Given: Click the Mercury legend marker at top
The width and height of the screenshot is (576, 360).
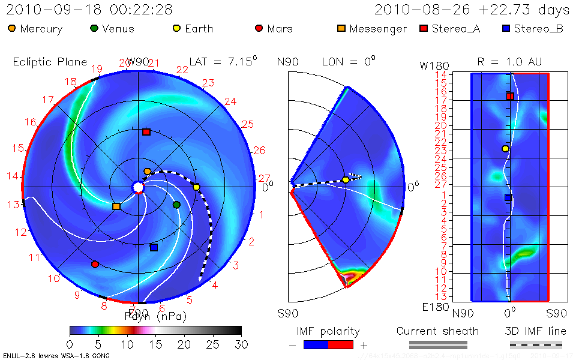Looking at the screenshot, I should [12, 28].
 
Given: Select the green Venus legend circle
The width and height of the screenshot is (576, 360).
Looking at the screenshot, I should [94, 28].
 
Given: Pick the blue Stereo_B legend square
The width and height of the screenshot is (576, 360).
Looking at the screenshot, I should [505, 28].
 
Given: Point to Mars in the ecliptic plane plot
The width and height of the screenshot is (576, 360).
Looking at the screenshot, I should [95, 264].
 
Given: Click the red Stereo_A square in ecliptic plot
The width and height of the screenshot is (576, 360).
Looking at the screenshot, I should [146, 132].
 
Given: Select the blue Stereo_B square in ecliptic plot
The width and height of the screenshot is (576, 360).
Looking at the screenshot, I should [154, 247].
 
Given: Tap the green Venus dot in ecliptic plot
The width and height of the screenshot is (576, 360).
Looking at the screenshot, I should [176, 205].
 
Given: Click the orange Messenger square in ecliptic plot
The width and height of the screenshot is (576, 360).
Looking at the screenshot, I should [116, 206].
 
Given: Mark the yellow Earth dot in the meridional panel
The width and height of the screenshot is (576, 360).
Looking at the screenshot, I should [346, 179].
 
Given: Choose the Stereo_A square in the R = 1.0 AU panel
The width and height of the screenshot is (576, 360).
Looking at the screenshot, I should [510, 96].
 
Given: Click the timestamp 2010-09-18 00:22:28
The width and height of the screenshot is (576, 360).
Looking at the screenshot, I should [89, 10].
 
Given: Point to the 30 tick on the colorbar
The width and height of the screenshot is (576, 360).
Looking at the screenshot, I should [241, 344].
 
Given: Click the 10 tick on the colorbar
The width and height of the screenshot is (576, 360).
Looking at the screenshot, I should [127, 344].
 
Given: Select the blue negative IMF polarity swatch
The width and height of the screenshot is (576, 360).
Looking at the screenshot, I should [316, 344].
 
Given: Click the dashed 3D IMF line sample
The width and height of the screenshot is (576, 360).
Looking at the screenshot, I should [535, 344].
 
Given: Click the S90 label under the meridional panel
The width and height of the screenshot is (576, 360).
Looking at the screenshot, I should [288, 313].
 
